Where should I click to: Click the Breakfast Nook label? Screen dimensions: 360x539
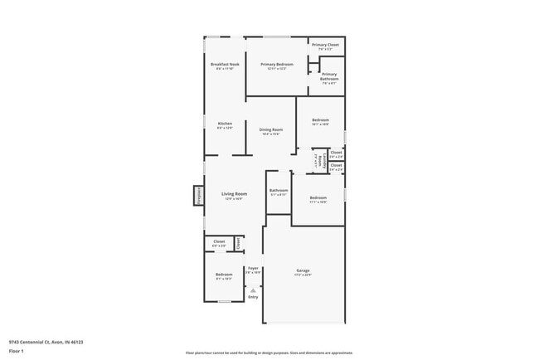pyautogui.click(x=224, y=65)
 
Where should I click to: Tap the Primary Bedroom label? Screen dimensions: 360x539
pyautogui.click(x=277, y=65)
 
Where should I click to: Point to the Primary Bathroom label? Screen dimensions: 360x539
pyautogui.click(x=329, y=77)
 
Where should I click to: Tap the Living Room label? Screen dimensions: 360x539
pyautogui.click(x=235, y=194)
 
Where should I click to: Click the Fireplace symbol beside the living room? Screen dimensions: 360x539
pyautogui.click(x=198, y=196)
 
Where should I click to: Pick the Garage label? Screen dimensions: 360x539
pyautogui.click(x=303, y=270)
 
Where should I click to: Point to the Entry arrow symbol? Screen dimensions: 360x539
pyautogui.click(x=253, y=289)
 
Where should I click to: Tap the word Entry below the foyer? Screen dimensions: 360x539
pyautogui.click(x=253, y=297)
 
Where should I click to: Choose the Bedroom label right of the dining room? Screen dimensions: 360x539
pyautogui.click(x=320, y=120)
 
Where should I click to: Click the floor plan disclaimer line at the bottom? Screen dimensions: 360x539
pyautogui.click(x=269, y=352)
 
